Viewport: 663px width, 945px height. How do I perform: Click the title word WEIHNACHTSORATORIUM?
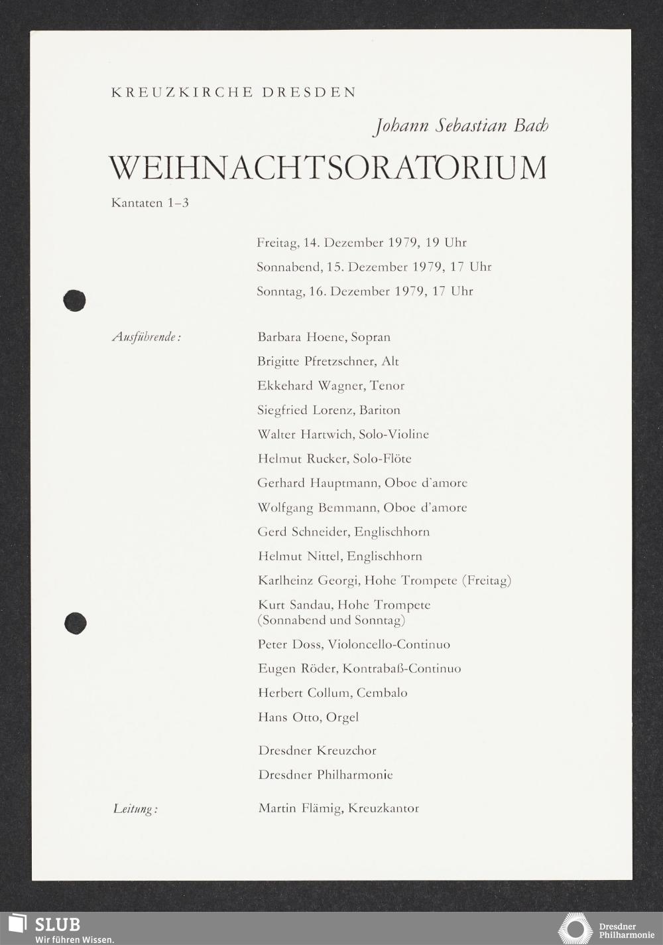click(328, 168)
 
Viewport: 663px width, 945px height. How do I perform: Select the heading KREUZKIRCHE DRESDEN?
click(234, 93)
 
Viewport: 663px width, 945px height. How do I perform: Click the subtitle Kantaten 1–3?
click(150, 203)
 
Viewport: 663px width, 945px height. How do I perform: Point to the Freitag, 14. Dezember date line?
click(361, 243)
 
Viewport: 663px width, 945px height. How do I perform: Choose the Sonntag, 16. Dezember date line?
click(365, 291)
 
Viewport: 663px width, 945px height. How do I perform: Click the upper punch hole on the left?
click(75, 301)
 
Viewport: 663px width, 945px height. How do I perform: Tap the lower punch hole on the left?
click(75, 622)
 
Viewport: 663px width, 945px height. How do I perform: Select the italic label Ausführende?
click(147, 337)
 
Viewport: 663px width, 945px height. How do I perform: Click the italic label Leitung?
click(135, 809)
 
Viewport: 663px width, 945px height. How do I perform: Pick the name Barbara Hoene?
click(301, 337)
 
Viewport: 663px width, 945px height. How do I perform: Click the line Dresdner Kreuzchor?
click(317, 751)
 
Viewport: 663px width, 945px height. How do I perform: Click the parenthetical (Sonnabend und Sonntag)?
click(331, 620)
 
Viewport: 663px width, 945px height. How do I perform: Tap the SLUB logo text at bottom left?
click(57, 924)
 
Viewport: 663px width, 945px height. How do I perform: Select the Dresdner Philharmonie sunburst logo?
click(576, 928)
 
